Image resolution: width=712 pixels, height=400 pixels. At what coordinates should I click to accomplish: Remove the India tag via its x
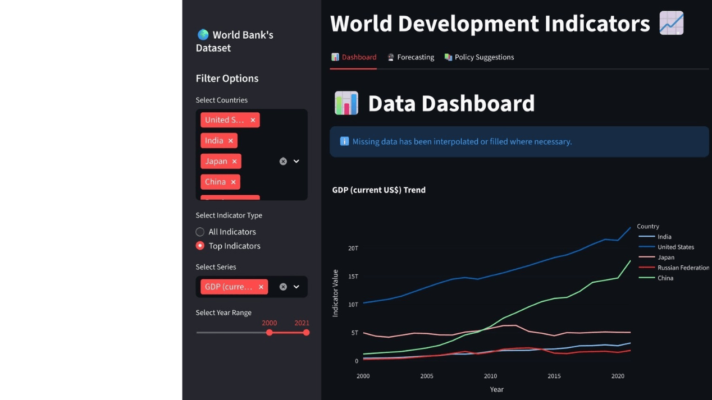(x=231, y=141)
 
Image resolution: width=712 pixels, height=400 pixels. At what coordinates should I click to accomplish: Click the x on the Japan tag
(x=235, y=162)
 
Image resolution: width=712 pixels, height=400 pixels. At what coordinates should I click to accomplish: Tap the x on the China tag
(x=233, y=182)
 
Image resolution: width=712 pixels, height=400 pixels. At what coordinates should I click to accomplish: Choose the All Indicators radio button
(x=200, y=232)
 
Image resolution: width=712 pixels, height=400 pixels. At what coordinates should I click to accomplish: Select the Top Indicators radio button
(x=200, y=246)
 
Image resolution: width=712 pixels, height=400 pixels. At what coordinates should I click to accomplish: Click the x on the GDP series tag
(x=261, y=287)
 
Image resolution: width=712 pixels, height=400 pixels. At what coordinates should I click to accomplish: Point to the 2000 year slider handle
(x=270, y=333)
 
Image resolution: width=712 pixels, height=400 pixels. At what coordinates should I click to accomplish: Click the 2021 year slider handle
(x=306, y=333)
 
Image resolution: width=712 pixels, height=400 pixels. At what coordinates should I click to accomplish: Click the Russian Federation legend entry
(x=683, y=268)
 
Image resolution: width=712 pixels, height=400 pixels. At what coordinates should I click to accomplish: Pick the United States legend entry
(x=676, y=247)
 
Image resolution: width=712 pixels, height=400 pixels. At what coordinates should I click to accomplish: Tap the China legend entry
(x=665, y=278)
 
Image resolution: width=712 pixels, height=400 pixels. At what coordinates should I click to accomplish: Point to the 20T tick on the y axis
(x=353, y=248)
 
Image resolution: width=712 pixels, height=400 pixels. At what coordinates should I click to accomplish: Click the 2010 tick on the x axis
(x=490, y=376)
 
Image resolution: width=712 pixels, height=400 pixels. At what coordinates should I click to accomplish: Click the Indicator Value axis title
(x=335, y=293)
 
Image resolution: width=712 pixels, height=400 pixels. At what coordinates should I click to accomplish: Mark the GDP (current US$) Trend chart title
(x=378, y=190)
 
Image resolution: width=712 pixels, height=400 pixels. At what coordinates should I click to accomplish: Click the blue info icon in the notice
(x=344, y=141)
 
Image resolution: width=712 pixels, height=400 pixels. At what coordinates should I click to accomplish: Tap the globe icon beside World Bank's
(x=203, y=35)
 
